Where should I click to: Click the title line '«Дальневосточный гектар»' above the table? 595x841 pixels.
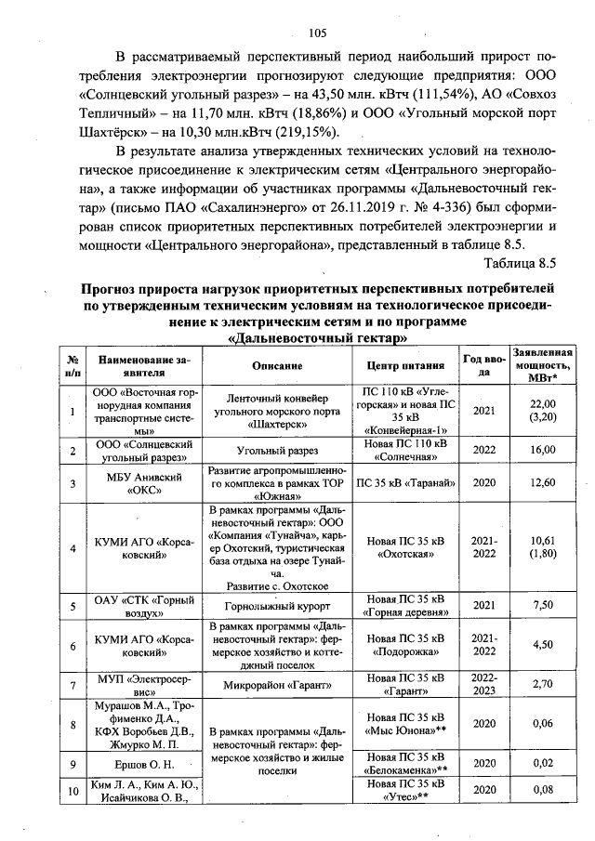(x=306, y=337)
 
